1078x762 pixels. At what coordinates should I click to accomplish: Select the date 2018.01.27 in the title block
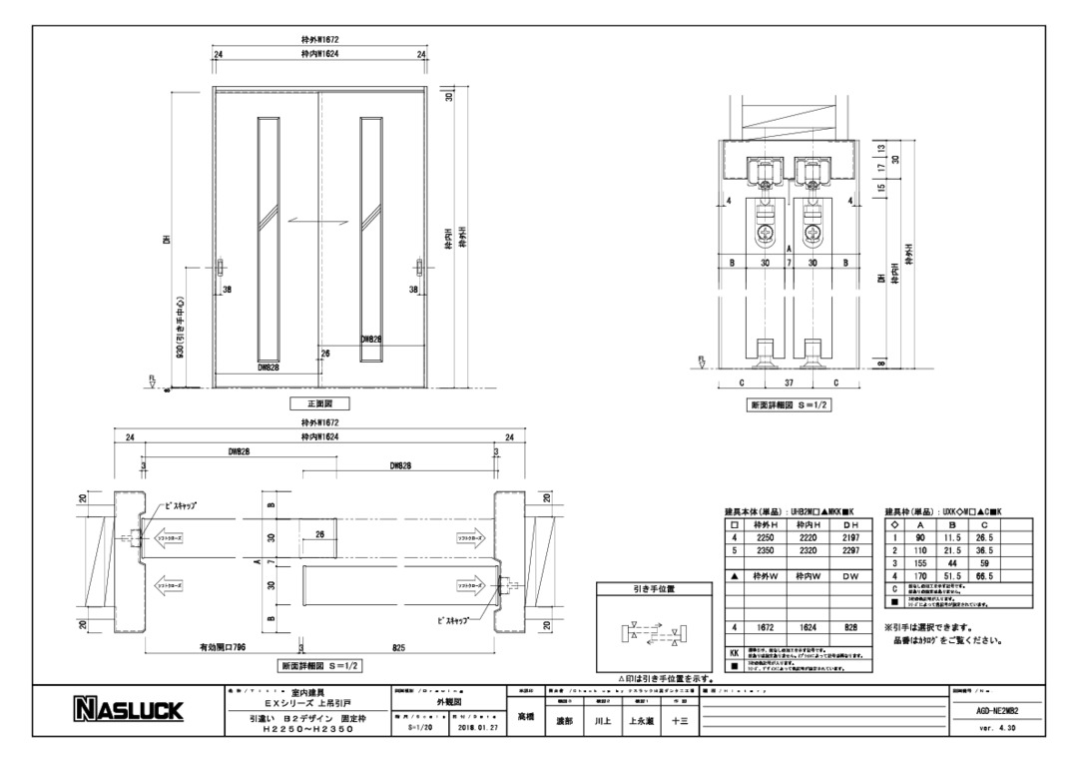(x=472, y=729)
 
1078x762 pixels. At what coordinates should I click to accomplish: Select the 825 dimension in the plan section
(x=399, y=647)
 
